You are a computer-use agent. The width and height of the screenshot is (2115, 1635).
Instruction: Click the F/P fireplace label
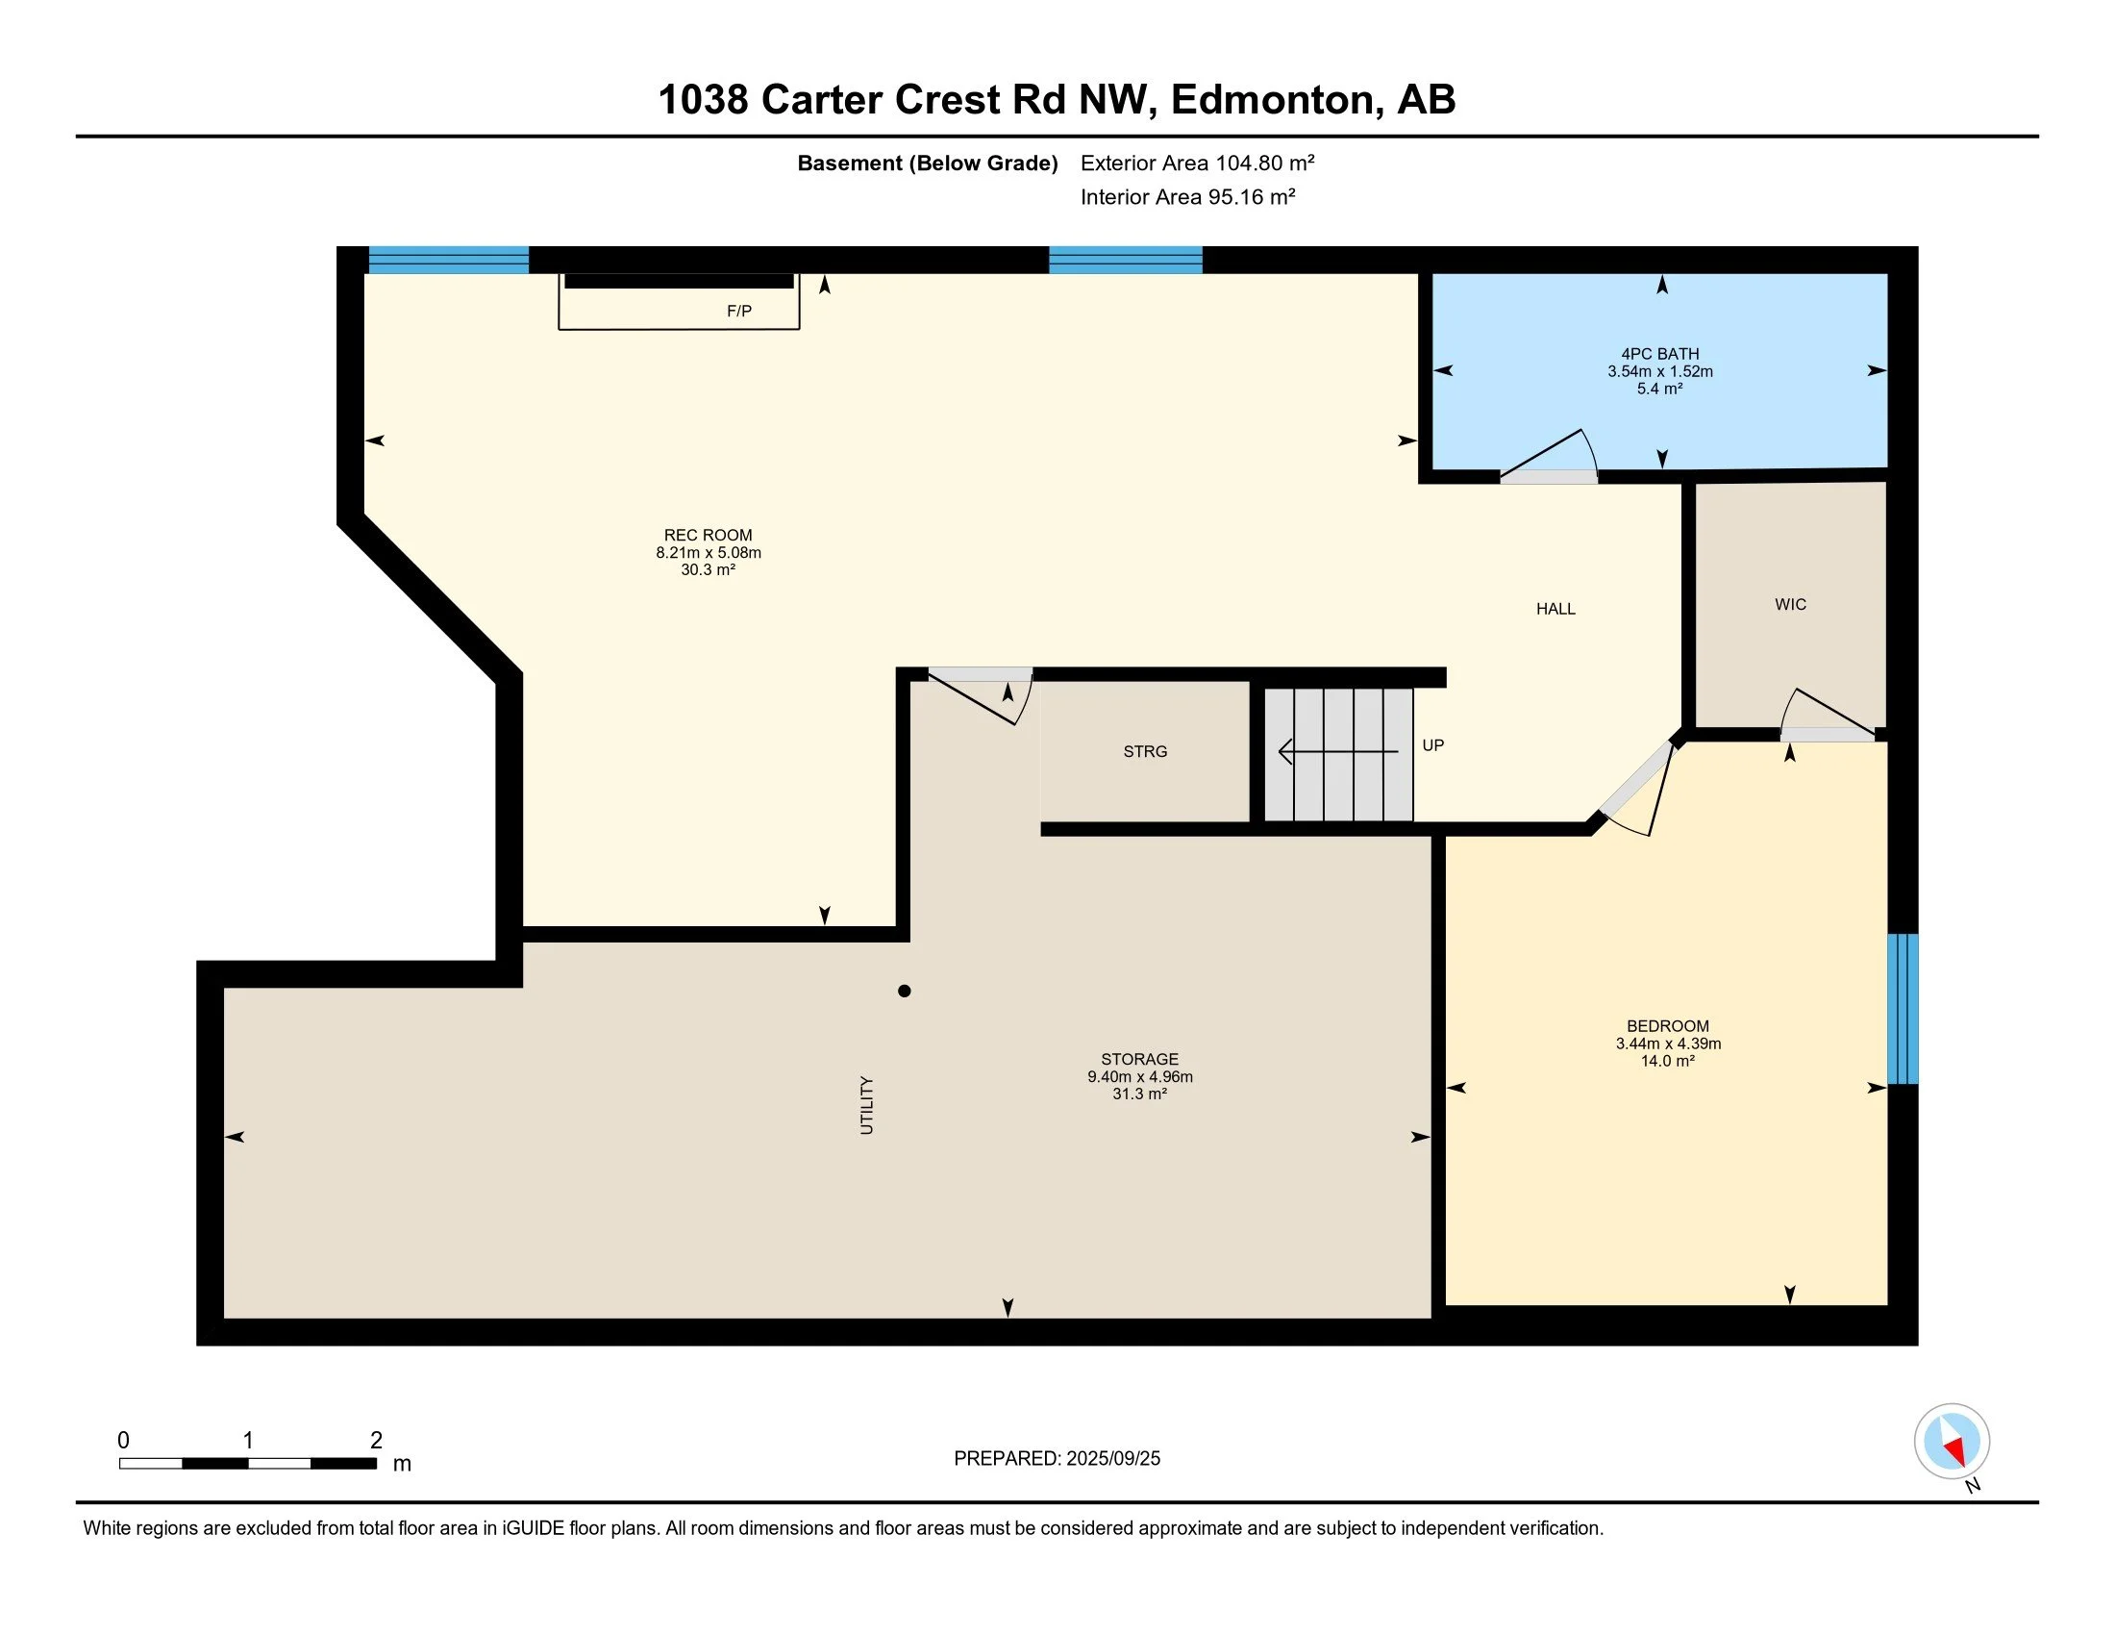pyautogui.click(x=739, y=311)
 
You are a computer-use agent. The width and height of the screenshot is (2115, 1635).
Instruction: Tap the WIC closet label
pyautogui.click(x=1791, y=604)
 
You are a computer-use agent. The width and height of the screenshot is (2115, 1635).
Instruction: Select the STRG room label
pyautogui.click(x=1145, y=752)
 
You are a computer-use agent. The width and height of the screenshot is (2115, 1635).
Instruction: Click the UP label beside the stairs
pyautogui.click(x=1433, y=745)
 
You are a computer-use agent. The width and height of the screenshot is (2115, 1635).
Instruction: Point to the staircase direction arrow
pyautogui.click(x=1336, y=752)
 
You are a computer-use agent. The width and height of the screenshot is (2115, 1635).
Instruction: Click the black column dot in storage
pyautogui.click(x=904, y=991)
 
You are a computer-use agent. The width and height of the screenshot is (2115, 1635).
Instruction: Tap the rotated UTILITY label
pyautogui.click(x=867, y=1105)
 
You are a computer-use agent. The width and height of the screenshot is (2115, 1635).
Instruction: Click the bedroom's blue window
pyautogui.click(x=1903, y=1008)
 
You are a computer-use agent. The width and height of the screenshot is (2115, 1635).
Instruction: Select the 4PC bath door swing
pyautogui.click(x=1550, y=456)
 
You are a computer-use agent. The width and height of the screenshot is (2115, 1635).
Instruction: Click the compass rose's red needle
pyautogui.click(x=1955, y=1450)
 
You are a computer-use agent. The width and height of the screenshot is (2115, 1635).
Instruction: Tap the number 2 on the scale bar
pyautogui.click(x=376, y=1441)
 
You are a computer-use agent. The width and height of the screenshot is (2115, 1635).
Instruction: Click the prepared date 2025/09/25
pyautogui.click(x=1111, y=1459)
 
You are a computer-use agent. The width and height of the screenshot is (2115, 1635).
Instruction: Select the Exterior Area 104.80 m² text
pyautogui.click(x=1197, y=163)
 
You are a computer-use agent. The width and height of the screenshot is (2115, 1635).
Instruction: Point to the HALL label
pyautogui.click(x=1555, y=609)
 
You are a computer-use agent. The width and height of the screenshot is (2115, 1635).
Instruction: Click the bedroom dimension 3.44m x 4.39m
pyautogui.click(x=1668, y=1044)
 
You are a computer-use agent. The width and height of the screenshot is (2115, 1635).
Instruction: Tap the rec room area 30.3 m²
pyautogui.click(x=708, y=570)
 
